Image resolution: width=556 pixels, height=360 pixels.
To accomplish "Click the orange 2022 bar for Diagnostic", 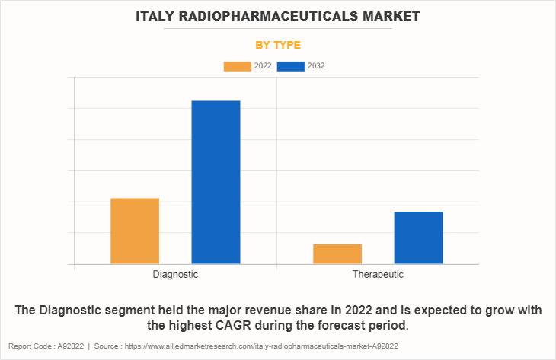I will pyautogui.click(x=135, y=231).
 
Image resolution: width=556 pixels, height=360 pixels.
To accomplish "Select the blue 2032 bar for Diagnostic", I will pyautogui.click(x=216, y=182).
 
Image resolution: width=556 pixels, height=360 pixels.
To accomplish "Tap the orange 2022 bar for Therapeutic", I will pyautogui.click(x=337, y=253).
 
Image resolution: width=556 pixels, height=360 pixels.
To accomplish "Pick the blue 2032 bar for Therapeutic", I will pyautogui.click(x=418, y=237).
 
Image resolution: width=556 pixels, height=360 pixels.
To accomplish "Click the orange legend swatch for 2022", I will pyautogui.click(x=237, y=66).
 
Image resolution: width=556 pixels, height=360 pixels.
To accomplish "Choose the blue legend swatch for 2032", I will pyautogui.click(x=291, y=66).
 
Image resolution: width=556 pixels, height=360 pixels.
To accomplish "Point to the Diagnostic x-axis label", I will pyautogui.click(x=175, y=274).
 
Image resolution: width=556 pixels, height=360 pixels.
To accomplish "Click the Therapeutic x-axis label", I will pyautogui.click(x=378, y=274).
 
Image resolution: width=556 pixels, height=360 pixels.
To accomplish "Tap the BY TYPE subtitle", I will pyautogui.click(x=278, y=45).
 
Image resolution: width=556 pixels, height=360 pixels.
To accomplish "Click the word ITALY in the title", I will pyautogui.click(x=159, y=15).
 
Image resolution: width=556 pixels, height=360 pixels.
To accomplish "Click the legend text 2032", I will pyautogui.click(x=316, y=66).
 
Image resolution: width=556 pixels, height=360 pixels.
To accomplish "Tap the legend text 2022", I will pyautogui.click(x=263, y=66).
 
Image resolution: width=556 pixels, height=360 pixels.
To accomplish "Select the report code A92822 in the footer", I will pyautogui.click(x=75, y=346).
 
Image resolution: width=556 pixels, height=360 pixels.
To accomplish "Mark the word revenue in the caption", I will pyautogui.click(x=280, y=310).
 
